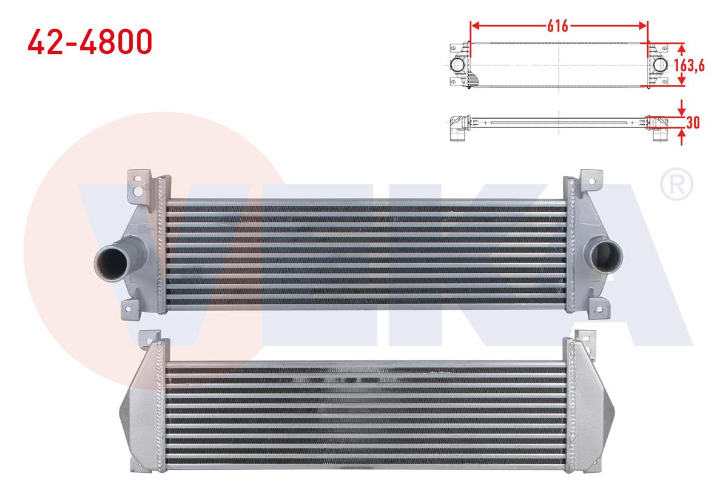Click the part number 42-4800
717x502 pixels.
point(90,42)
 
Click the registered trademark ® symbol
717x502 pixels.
point(676,186)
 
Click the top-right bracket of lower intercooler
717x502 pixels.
point(584,337)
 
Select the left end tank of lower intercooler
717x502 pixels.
point(141,412)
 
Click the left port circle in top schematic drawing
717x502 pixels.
point(458,65)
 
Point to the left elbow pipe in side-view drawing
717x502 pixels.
point(457,129)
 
